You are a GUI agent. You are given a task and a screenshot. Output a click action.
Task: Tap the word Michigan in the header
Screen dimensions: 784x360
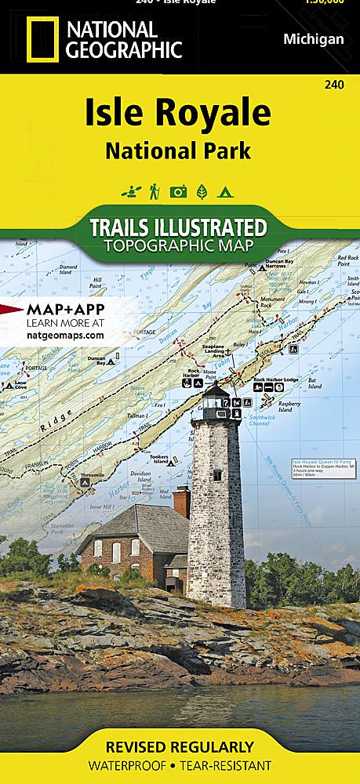pos(312,39)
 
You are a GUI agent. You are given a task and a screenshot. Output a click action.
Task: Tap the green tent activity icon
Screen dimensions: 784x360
pos(225,191)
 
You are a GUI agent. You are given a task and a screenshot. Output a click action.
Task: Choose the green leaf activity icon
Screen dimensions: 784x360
pos(202,191)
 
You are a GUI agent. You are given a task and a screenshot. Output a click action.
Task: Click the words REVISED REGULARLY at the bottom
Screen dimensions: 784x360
pos(180,746)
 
